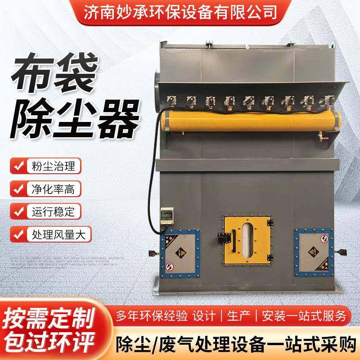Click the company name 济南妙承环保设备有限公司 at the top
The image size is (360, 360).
click(x=180, y=10)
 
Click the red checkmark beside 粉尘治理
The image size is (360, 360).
click(x=18, y=165)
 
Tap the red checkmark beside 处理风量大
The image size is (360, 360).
click(x=18, y=234)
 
